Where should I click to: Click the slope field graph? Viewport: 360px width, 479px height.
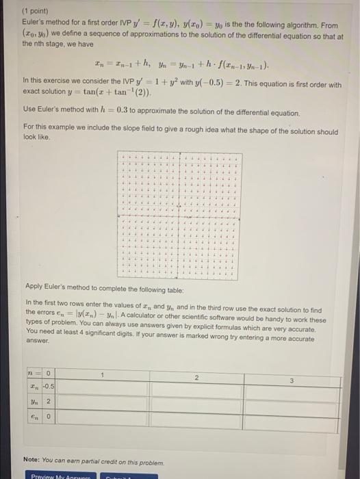(x=180, y=209)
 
